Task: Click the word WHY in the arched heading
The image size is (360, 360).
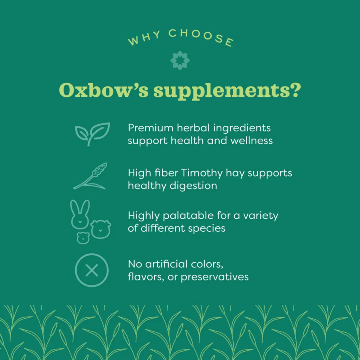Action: [144, 38]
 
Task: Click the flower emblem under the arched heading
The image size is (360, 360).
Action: [180, 61]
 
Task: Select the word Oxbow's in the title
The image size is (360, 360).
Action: [103, 90]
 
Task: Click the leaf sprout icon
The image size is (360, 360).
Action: [92, 134]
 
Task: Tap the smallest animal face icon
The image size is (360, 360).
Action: [83, 237]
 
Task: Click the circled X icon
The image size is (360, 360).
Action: [91, 270]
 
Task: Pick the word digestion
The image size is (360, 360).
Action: [193, 186]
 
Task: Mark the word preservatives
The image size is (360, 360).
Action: [214, 277]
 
